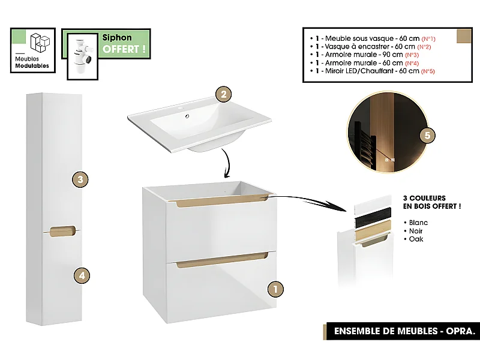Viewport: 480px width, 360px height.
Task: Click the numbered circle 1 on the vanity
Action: click(x=274, y=289)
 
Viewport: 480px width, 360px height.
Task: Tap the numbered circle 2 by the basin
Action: click(x=223, y=94)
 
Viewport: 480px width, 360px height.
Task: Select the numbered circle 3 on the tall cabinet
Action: click(x=80, y=179)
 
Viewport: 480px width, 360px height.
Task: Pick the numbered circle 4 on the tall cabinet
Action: click(x=82, y=275)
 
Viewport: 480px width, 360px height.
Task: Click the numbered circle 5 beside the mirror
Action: click(x=427, y=136)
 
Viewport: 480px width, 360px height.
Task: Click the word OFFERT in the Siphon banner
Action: click(x=124, y=49)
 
